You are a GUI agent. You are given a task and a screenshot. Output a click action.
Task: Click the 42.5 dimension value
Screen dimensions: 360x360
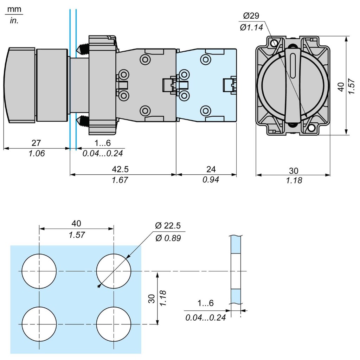(120, 169)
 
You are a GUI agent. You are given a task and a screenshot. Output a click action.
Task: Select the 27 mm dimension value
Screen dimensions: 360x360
(36, 143)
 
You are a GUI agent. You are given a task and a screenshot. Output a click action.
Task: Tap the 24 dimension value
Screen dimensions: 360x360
(211, 169)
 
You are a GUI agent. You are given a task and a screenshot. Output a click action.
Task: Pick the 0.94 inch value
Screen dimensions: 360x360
(211, 180)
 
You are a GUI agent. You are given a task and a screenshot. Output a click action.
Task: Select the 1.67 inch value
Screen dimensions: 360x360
(120, 180)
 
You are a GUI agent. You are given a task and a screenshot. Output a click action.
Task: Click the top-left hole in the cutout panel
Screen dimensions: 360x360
(39, 271)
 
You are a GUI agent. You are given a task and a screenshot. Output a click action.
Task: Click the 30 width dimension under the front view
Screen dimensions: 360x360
(293, 171)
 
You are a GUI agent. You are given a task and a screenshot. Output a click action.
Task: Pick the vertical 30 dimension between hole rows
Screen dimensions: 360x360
(152, 298)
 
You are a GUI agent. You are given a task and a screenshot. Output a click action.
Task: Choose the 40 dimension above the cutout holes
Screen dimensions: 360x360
(76, 223)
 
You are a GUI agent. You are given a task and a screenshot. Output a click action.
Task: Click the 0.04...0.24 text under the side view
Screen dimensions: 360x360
(103, 153)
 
